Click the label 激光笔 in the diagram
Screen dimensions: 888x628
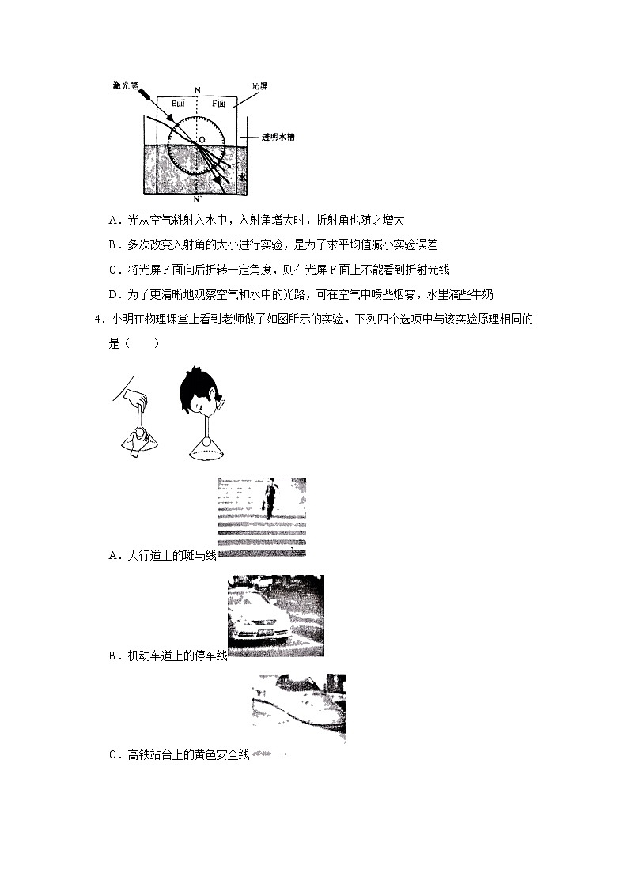click(126, 86)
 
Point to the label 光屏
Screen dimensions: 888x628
click(259, 85)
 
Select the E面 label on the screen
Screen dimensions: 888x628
click(179, 103)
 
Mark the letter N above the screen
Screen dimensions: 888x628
click(197, 89)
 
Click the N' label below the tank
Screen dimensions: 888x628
click(199, 198)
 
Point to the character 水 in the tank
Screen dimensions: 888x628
click(243, 179)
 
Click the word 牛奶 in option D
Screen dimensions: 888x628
click(480, 294)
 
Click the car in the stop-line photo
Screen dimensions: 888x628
click(264, 617)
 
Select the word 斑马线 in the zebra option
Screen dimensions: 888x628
click(199, 556)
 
